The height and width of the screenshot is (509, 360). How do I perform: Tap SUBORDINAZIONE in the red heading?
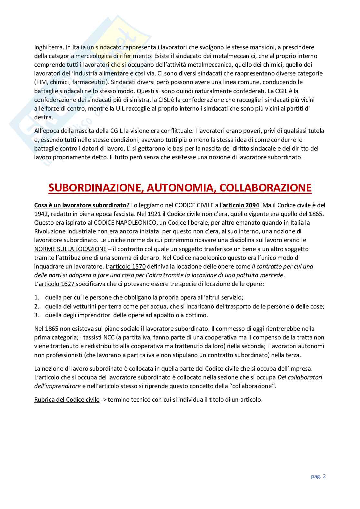click(95, 188)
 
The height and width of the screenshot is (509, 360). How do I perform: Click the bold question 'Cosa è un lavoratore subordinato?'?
click(82, 205)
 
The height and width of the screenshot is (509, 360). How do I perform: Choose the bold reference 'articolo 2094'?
click(241, 205)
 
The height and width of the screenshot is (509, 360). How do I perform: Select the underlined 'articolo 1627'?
click(57, 284)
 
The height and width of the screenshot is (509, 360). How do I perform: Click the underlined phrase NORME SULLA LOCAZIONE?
click(70, 249)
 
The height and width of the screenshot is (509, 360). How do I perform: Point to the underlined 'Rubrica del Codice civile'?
click(67, 400)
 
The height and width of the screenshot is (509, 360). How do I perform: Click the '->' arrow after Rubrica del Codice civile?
click(104, 400)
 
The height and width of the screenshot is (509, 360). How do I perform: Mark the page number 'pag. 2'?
click(318, 476)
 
